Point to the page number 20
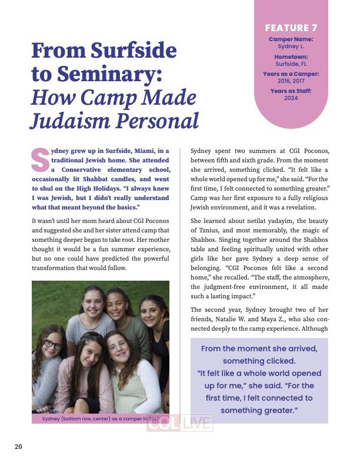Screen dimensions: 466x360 coord(18,447)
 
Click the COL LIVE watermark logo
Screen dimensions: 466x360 coord(179,424)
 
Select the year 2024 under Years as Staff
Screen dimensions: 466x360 coord(291,98)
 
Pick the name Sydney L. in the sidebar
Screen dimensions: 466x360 coord(291,46)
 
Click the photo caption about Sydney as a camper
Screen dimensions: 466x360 coord(101,418)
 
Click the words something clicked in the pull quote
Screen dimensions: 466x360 coord(259,361)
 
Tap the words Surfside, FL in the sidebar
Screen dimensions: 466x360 coord(291,64)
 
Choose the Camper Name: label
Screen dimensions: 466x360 coord(291,39)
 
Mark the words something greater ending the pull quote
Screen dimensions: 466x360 coord(259,411)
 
